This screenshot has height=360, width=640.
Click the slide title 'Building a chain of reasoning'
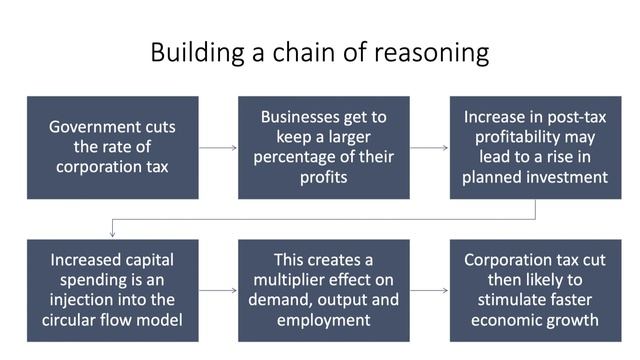pyautogui.click(x=319, y=51)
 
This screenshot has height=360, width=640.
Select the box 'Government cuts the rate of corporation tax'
pyautogui.click(x=112, y=147)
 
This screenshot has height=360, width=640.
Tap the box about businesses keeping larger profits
pyautogui.click(x=324, y=147)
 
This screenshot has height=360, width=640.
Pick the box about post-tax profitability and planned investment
pyautogui.click(x=535, y=147)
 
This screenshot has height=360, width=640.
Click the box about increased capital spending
pyautogui.click(x=112, y=290)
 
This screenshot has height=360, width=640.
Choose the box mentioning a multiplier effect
pyautogui.click(x=324, y=290)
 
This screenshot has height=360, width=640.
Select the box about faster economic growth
pyautogui.click(x=535, y=290)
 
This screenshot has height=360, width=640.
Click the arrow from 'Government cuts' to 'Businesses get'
pyautogui.click(x=218, y=147)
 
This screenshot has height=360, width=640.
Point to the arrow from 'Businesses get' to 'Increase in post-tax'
pyautogui.click(x=430, y=147)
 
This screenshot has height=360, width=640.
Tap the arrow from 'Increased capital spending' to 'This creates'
pyautogui.click(x=218, y=290)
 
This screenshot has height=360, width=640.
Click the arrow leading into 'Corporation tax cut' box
pyautogui.click(x=430, y=290)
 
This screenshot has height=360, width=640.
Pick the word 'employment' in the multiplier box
pyautogui.click(x=324, y=320)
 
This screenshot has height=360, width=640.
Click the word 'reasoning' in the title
pyautogui.click(x=440, y=53)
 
